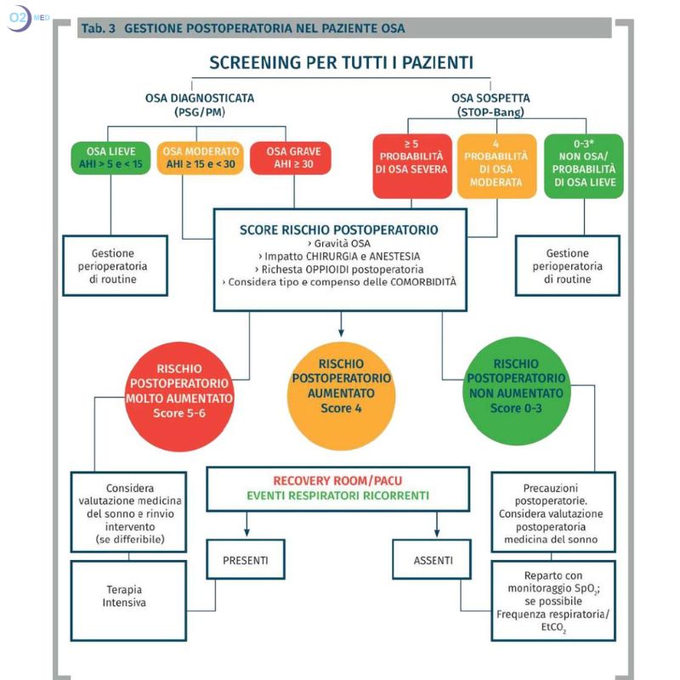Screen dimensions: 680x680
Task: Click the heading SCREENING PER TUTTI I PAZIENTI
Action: click(341, 64)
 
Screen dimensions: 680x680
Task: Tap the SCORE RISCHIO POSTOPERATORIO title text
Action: click(339, 229)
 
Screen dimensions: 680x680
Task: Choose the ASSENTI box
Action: click(434, 560)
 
